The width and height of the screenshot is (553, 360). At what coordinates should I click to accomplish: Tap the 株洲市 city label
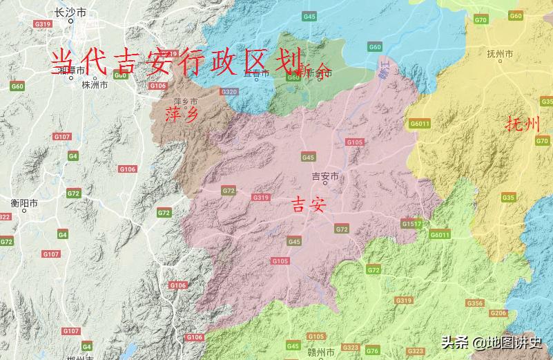[x=95, y=86]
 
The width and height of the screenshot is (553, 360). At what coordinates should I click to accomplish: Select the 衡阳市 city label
[x=24, y=203]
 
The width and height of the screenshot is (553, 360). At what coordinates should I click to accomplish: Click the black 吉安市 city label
[x=326, y=176]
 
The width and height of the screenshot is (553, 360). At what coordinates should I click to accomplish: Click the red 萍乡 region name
[x=182, y=114]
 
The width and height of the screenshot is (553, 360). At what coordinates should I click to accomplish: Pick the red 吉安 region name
[x=308, y=205]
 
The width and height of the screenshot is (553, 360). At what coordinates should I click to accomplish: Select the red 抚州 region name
[x=522, y=124]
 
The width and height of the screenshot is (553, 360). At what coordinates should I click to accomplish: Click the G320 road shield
[x=229, y=92]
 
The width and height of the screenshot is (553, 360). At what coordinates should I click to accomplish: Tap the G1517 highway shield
[x=411, y=224]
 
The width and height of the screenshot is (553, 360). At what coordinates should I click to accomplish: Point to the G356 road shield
[x=475, y=303]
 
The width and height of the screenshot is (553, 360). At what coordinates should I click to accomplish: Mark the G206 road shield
[x=498, y=313]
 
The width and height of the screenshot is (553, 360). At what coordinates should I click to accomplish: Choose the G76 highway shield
[x=373, y=350]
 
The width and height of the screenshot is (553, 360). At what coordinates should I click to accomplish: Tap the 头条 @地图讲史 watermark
[x=492, y=342]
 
